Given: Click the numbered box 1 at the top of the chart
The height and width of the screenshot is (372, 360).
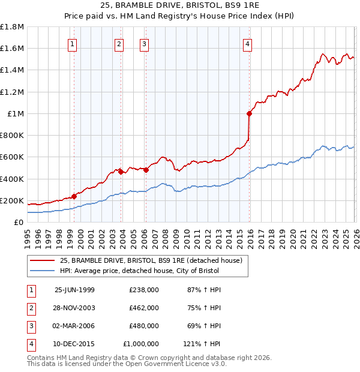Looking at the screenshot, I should point(72,43).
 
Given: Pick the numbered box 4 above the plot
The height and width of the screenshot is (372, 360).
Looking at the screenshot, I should point(247,43).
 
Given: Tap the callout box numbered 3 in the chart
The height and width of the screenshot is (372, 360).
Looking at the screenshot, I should point(145,43).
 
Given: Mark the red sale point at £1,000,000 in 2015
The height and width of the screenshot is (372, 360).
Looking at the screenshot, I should point(249,113).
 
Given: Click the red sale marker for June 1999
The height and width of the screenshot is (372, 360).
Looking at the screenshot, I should point(74,196).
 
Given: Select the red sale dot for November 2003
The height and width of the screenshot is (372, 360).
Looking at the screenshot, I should point(121,172).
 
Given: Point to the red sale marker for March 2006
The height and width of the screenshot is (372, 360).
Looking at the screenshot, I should point(145,170).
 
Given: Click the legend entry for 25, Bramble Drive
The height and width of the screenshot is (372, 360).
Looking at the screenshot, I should point(151,260).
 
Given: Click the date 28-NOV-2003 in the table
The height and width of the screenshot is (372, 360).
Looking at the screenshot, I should point(74,308).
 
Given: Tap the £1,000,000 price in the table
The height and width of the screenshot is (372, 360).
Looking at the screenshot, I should point(140,344).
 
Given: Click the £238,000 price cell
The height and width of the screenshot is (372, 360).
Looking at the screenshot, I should point(144,290).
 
